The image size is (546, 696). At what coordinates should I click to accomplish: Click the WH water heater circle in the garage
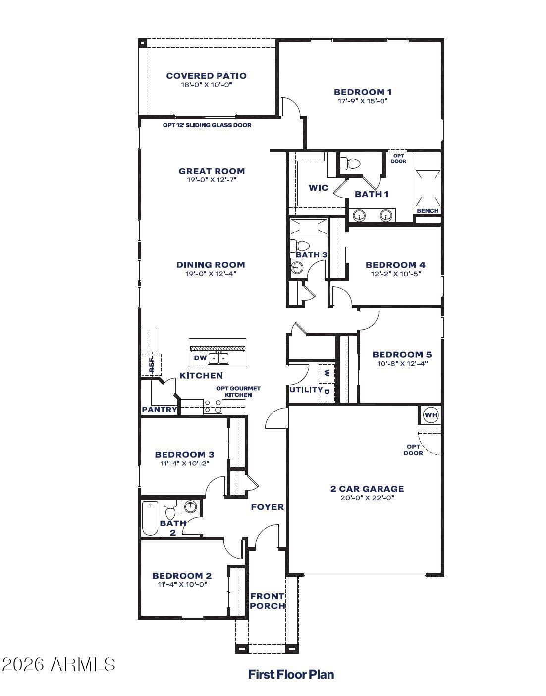pyautogui.click(x=431, y=415)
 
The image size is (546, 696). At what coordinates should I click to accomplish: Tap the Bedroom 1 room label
pyautogui.click(x=363, y=92)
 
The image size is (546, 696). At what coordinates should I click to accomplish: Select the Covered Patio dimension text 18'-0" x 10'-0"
pyautogui.click(x=206, y=85)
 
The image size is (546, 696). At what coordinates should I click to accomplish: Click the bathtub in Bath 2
pyautogui.click(x=150, y=519)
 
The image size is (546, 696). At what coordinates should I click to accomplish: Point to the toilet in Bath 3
pyautogui.click(x=300, y=245)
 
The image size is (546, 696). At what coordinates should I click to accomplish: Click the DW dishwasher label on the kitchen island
pyautogui.click(x=200, y=358)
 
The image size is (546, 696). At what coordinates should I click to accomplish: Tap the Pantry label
pyautogui.click(x=160, y=410)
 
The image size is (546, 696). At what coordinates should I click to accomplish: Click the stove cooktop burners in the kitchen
pyautogui.click(x=213, y=406)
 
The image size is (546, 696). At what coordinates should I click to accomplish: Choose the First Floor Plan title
pyautogui.click(x=291, y=674)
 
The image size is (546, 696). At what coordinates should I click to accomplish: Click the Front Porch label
pyautogui.click(x=267, y=601)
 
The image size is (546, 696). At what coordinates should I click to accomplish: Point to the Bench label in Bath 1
pyautogui.click(x=428, y=211)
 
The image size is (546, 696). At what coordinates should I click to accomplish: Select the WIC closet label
pyautogui.click(x=318, y=188)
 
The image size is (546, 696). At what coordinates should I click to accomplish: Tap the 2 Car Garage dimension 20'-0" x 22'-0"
pyautogui.click(x=367, y=498)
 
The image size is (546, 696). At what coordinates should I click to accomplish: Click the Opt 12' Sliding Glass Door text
pyautogui.click(x=207, y=125)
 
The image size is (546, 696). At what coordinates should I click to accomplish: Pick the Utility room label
pyautogui.click(x=306, y=390)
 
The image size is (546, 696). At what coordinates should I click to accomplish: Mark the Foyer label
pyautogui.click(x=268, y=507)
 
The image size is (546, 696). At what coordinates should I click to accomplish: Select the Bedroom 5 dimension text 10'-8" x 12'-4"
pyautogui.click(x=402, y=363)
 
